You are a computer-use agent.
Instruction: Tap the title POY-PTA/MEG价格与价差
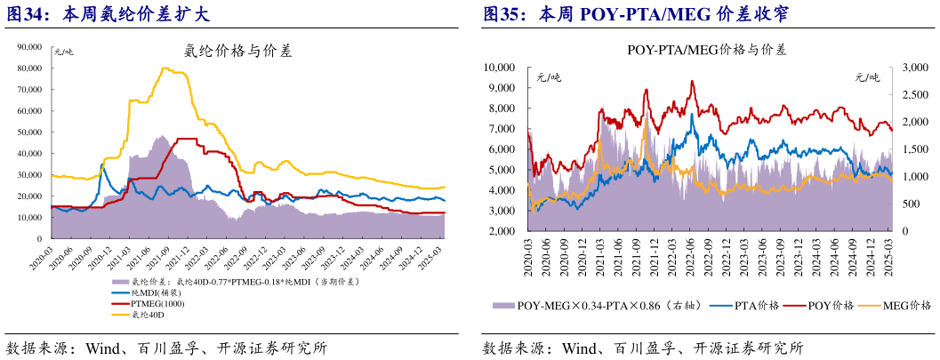706,50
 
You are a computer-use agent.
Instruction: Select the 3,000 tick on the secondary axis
915,67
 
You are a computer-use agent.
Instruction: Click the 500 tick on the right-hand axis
910,204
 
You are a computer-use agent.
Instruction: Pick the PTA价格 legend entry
756,306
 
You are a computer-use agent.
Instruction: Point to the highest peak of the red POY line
693,81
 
